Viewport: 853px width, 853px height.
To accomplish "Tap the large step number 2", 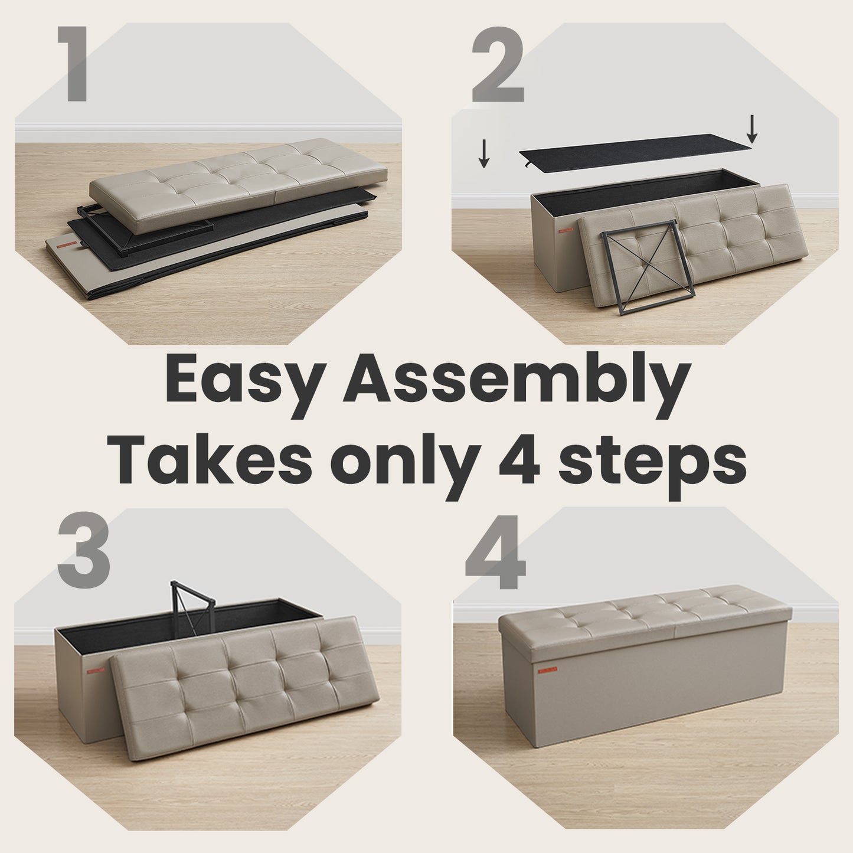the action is click(498, 64).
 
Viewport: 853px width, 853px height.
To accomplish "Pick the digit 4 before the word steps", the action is click(519, 460).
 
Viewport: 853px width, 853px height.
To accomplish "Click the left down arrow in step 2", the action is click(484, 153).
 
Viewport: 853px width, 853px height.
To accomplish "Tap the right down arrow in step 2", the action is click(752, 129).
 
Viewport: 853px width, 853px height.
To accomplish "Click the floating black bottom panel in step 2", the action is click(635, 151).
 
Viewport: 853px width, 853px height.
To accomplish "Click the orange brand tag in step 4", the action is click(548, 671).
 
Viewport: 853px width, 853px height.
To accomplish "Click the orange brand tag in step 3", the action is click(96, 671).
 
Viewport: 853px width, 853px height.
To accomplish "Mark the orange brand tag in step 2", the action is click(566, 230).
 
